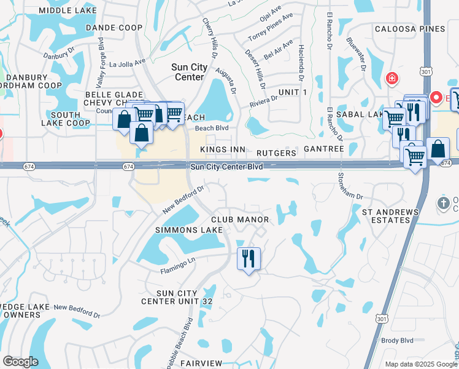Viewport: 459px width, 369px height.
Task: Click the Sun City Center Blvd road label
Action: (x=226, y=167)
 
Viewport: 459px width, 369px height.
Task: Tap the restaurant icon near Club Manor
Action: (x=249, y=258)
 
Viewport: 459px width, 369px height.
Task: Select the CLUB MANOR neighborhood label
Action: (x=240, y=220)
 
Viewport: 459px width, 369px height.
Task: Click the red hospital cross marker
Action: (x=391, y=79)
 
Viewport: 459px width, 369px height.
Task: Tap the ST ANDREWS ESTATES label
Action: (x=390, y=216)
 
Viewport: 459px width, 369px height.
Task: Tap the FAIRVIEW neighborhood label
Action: (x=202, y=364)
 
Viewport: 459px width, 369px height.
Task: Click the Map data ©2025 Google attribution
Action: (x=420, y=364)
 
